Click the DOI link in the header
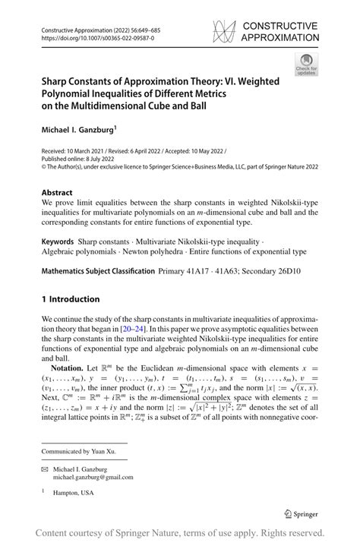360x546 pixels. coord(90,37)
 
